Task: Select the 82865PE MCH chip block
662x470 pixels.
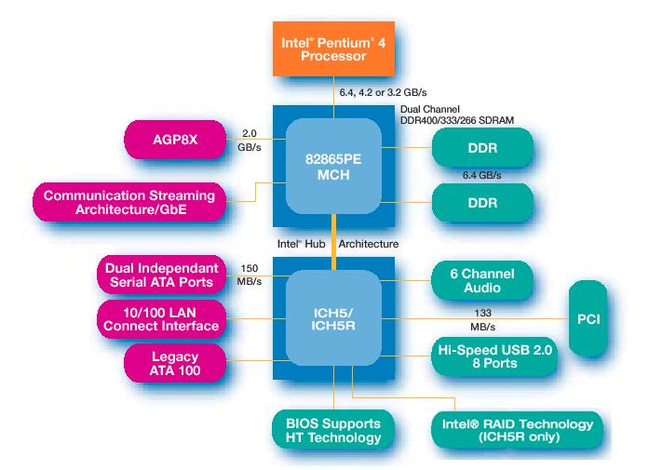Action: tap(332, 165)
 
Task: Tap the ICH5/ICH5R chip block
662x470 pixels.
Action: tap(332, 318)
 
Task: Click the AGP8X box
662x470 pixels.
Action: tap(175, 140)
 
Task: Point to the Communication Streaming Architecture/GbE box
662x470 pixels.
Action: tap(128, 202)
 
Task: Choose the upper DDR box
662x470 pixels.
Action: tap(482, 148)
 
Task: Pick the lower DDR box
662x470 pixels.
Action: tap(482, 202)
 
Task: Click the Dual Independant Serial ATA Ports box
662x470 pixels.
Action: tap(160, 275)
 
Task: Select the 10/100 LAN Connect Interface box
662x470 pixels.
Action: tap(161, 318)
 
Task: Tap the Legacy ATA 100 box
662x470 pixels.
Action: tap(174, 363)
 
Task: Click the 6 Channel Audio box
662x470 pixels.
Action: tap(482, 281)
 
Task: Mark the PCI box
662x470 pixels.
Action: tap(588, 318)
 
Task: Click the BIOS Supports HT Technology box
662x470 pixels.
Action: tap(326, 429)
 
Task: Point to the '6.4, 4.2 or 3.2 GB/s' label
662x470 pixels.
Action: tap(384, 93)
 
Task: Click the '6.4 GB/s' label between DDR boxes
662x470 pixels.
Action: tap(482, 176)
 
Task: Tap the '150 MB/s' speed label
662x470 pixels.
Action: tap(249, 275)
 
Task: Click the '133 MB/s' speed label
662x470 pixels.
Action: tap(482, 319)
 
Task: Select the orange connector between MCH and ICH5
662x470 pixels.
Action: tap(332, 242)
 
